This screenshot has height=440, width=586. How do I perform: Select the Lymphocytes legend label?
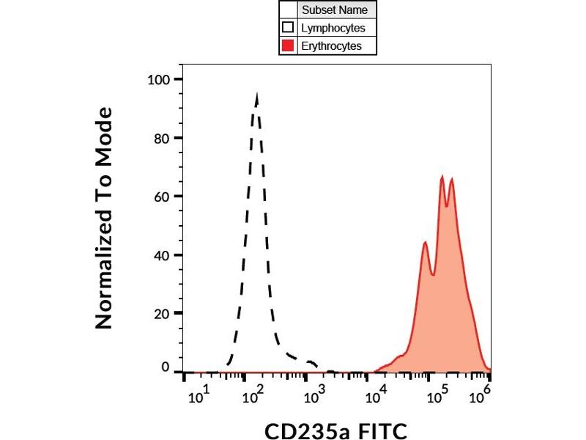tap(333, 29)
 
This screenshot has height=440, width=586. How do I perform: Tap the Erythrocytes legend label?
tap(332, 46)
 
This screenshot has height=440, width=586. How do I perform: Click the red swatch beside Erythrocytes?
tap(289, 46)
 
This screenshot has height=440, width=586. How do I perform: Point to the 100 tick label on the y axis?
tap(158, 79)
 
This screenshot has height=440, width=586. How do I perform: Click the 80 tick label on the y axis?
tap(162, 138)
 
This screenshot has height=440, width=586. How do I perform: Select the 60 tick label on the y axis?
tap(162, 197)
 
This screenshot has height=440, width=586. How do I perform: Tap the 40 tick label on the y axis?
tap(162, 255)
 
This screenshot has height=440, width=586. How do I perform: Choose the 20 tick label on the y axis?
tap(162, 313)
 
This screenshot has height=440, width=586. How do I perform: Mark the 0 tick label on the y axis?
tap(166, 367)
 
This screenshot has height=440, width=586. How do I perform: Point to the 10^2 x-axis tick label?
tap(255, 397)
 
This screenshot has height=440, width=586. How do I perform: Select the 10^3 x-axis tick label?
tap(314, 397)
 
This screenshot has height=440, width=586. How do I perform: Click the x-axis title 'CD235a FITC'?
tap(335, 429)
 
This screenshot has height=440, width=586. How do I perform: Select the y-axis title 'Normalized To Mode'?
tap(105, 218)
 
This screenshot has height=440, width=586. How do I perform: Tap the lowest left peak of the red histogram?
tap(426, 243)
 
